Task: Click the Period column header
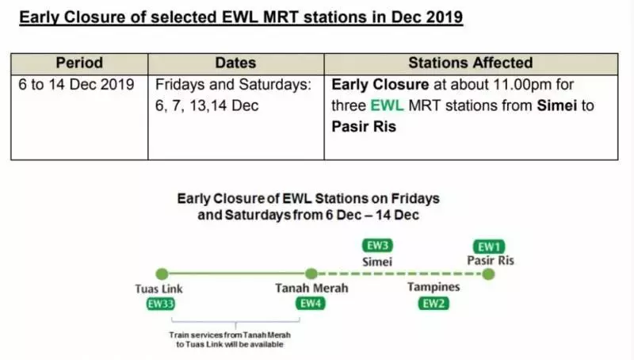pos(79,63)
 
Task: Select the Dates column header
pos(235,63)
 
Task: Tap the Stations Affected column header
pos(471,63)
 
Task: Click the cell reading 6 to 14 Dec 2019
pos(76,85)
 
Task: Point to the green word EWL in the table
pos(387,105)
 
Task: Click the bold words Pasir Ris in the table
pos(364,127)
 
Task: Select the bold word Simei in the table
pos(557,105)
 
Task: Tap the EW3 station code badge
pos(377,246)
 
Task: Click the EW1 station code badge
pos(489,247)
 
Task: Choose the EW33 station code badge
pos(161,304)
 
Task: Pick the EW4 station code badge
pos(311,304)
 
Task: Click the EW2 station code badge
pos(433,304)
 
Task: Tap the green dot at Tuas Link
pos(162,274)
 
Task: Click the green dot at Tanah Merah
pos(311,274)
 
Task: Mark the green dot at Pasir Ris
pos(488,274)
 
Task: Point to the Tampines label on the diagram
pos(433,287)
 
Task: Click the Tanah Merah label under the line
pos(311,288)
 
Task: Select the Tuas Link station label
pos(159,289)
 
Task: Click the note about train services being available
pos(230,339)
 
